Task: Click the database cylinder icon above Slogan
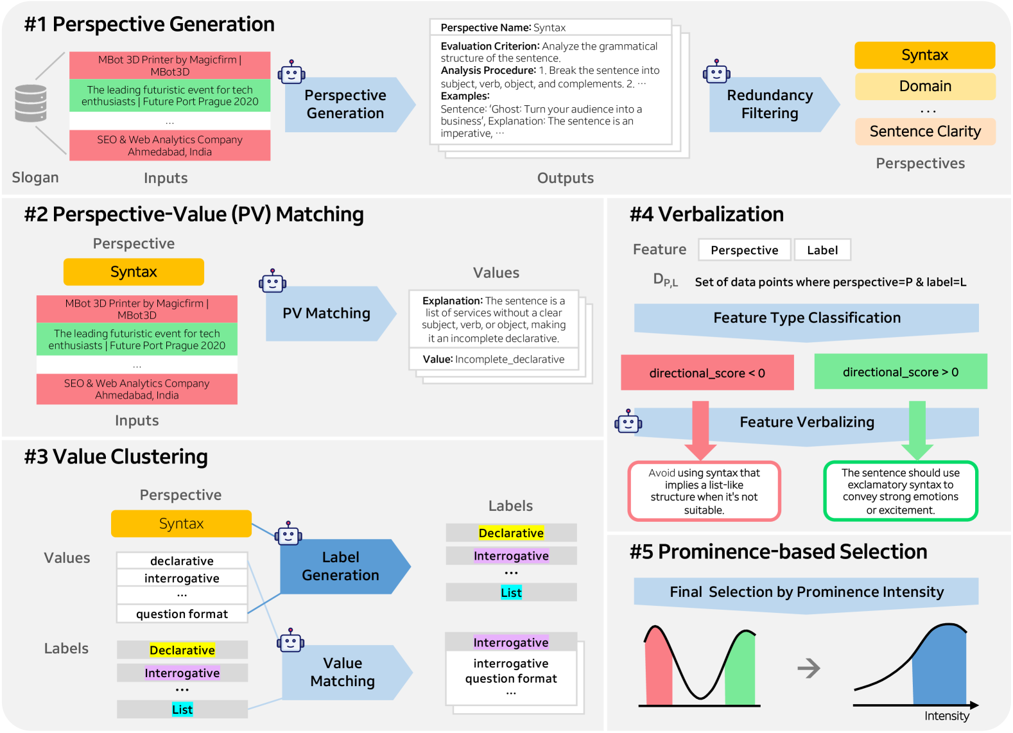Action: pos(31,103)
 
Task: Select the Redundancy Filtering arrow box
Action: pos(770,105)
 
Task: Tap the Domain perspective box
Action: pos(924,86)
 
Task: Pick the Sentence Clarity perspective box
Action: pos(924,132)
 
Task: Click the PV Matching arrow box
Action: pos(327,313)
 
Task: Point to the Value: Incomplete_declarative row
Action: pos(493,359)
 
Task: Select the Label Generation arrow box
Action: pos(341,566)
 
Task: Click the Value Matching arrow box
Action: pos(343,672)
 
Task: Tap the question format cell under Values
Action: pos(182,614)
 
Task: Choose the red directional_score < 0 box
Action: pos(707,373)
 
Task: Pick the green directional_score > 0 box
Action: pos(900,372)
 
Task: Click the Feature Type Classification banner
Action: pos(806,318)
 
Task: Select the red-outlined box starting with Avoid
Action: pos(704,491)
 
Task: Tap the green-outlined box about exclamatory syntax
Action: pos(900,491)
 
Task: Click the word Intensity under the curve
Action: pos(946,716)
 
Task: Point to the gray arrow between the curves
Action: pos(809,668)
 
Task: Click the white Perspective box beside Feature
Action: pos(744,250)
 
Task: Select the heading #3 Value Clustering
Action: pos(116,457)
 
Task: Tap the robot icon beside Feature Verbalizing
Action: pos(628,422)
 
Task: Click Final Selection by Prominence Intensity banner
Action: pos(806,592)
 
